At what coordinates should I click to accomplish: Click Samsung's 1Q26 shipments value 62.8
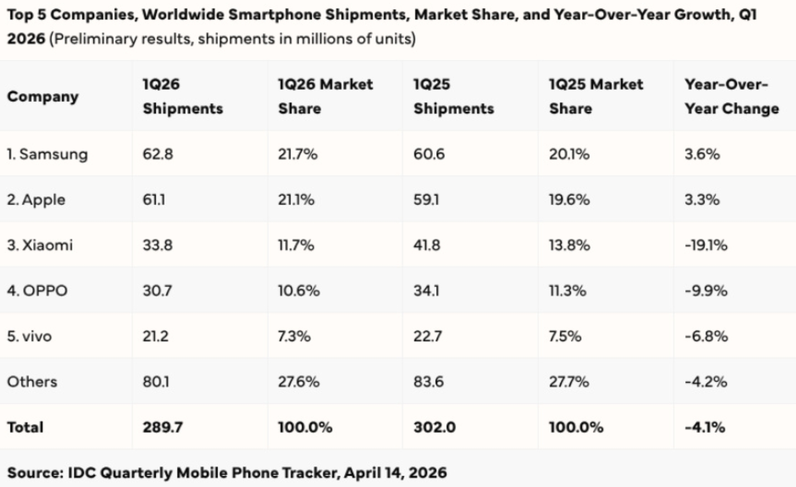point(158,154)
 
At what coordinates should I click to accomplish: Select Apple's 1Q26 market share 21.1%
point(296,200)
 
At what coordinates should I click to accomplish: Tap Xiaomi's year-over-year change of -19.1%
point(706,245)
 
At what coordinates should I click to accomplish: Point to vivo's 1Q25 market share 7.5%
point(565,336)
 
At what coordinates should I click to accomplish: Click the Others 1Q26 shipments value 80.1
point(156,382)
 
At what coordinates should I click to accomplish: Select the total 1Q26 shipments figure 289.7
point(163,427)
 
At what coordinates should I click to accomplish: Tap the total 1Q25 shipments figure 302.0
point(434,427)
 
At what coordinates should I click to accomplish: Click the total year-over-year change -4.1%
point(705,427)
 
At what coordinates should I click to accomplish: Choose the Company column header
point(43,97)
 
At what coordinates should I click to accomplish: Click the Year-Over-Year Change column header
point(731,96)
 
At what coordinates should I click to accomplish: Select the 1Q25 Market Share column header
point(596,96)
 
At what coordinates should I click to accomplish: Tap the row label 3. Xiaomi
point(40,245)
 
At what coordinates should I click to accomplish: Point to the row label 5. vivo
point(29,336)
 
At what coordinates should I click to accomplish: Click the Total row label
point(25,427)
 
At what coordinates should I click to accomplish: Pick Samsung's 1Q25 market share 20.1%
point(569,154)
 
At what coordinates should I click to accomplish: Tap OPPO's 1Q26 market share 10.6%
point(298,290)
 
